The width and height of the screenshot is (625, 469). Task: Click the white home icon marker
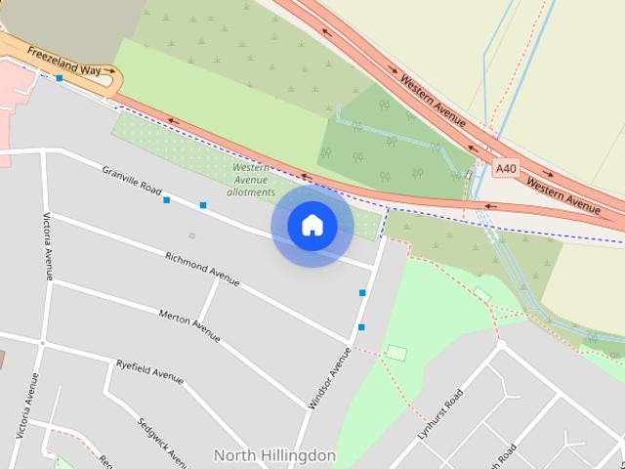point(312,226)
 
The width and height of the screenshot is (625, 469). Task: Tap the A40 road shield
point(505,169)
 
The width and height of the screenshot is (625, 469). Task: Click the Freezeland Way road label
point(64,60)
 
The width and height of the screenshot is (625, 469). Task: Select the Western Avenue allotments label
point(251,180)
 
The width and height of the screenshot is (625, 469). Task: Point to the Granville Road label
point(132,179)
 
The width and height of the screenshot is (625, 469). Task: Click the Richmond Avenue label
point(202,269)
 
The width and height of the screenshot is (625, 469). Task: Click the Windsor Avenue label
point(328,377)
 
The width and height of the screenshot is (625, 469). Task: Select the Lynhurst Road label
point(439,414)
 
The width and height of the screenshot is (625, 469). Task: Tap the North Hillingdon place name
point(274,455)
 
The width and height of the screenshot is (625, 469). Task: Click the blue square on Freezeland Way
point(60,78)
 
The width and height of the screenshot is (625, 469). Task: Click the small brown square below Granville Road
point(191,235)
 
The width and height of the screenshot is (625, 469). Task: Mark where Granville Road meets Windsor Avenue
point(376,267)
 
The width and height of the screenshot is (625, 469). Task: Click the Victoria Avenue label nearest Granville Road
point(47,246)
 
